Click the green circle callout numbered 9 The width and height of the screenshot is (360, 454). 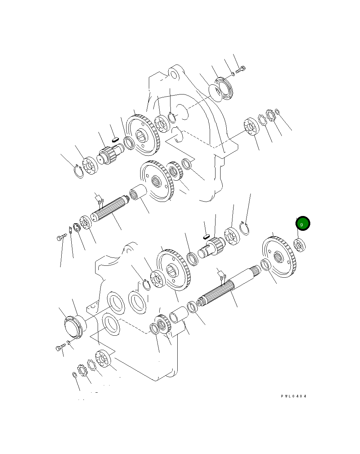[x=302, y=224]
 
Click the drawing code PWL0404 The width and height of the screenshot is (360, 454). [x=294, y=396]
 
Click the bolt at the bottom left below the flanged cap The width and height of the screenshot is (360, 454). [x=60, y=348]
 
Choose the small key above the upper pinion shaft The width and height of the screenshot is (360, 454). [x=115, y=137]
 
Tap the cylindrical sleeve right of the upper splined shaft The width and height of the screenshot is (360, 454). [x=138, y=191]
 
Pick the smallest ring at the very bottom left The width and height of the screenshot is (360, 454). [x=75, y=375]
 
